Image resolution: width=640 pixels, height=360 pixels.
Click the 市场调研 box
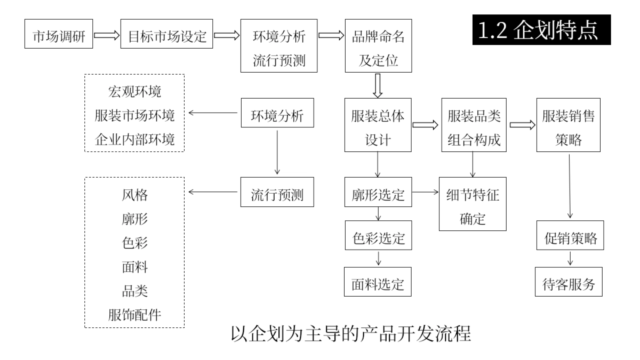click(x=59, y=37)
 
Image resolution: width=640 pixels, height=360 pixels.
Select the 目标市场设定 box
click(x=167, y=37)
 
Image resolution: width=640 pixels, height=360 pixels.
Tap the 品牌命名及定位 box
click(x=378, y=46)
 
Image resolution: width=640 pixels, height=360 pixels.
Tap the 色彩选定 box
click(x=378, y=236)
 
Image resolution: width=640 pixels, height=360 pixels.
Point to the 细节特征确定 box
click(x=474, y=203)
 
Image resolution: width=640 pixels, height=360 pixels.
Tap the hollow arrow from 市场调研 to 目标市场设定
click(x=107, y=37)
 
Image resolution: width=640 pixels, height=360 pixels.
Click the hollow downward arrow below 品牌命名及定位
click(x=378, y=86)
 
